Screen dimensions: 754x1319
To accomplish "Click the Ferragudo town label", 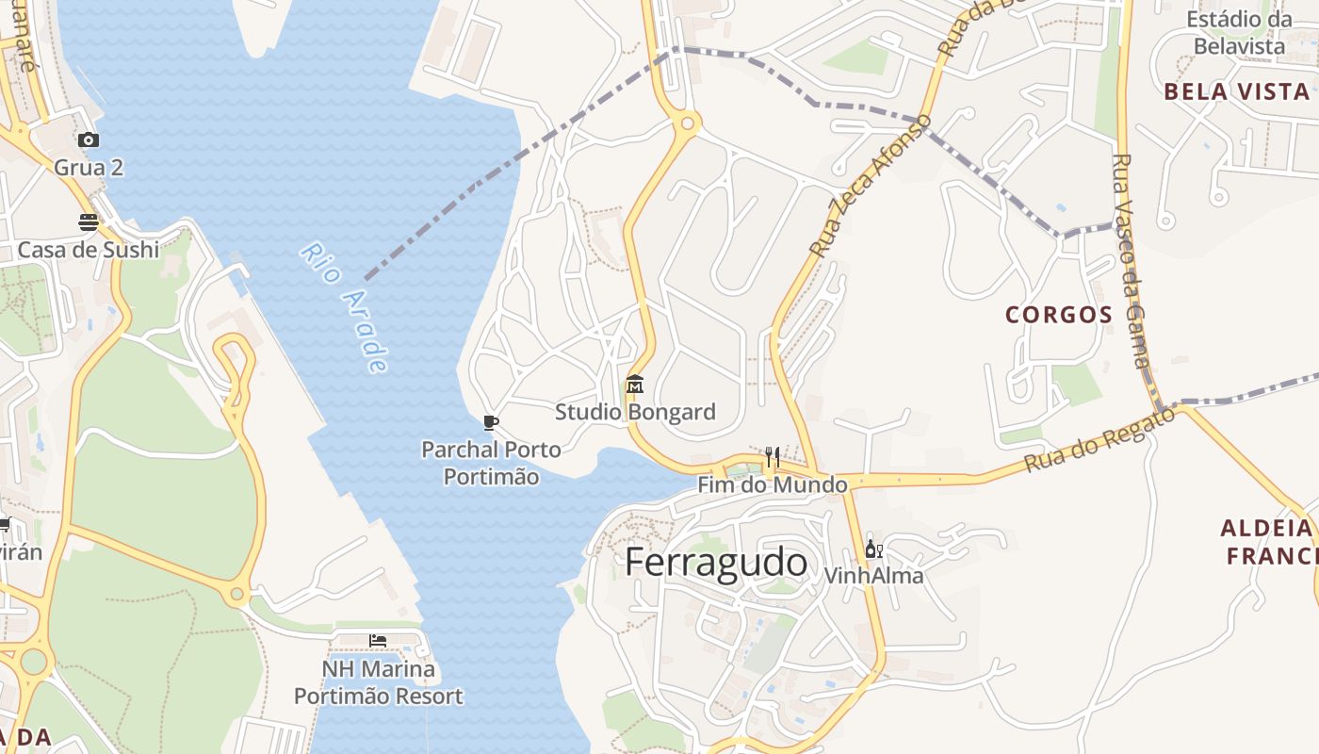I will point(716,562).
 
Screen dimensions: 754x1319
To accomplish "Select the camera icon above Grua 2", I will point(89,139).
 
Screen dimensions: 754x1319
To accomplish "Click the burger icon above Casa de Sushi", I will point(89,222).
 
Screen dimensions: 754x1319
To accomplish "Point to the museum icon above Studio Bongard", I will point(635,385).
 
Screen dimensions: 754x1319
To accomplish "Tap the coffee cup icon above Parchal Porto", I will point(490,421).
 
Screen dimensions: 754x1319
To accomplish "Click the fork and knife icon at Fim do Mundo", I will point(773,457).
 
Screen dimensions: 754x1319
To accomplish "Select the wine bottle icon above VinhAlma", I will point(873,549).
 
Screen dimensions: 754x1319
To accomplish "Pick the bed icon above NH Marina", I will point(378,641).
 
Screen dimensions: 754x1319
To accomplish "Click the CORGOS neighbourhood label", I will point(1059,315).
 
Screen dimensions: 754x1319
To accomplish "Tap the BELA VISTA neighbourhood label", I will point(1236,91).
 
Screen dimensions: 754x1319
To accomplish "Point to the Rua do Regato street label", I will point(1100,439).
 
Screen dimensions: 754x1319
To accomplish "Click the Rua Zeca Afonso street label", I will point(871,186).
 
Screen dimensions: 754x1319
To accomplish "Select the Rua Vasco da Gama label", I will point(1131,261).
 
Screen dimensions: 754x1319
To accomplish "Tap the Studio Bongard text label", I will point(635,412).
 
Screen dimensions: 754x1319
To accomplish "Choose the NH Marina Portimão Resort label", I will point(379,683).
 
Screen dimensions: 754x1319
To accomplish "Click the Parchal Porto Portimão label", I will point(491,463).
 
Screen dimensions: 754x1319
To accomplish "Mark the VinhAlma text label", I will point(873,575).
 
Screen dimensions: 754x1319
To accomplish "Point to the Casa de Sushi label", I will point(89,250).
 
